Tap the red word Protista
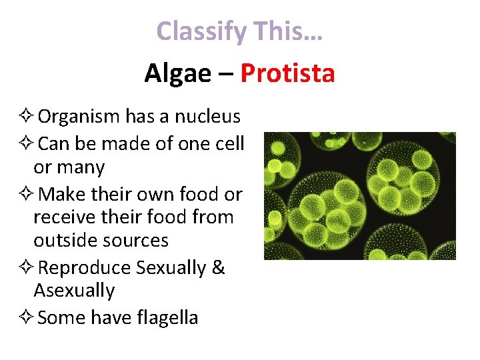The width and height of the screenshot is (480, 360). point(287,73)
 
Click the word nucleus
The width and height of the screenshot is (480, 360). point(207,117)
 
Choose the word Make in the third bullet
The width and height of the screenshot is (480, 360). point(61,194)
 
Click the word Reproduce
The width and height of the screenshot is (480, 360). point(85,267)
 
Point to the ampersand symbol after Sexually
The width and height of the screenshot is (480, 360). point(219,267)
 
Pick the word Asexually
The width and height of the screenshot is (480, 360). point(74,291)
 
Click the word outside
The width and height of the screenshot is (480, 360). point(64,240)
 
